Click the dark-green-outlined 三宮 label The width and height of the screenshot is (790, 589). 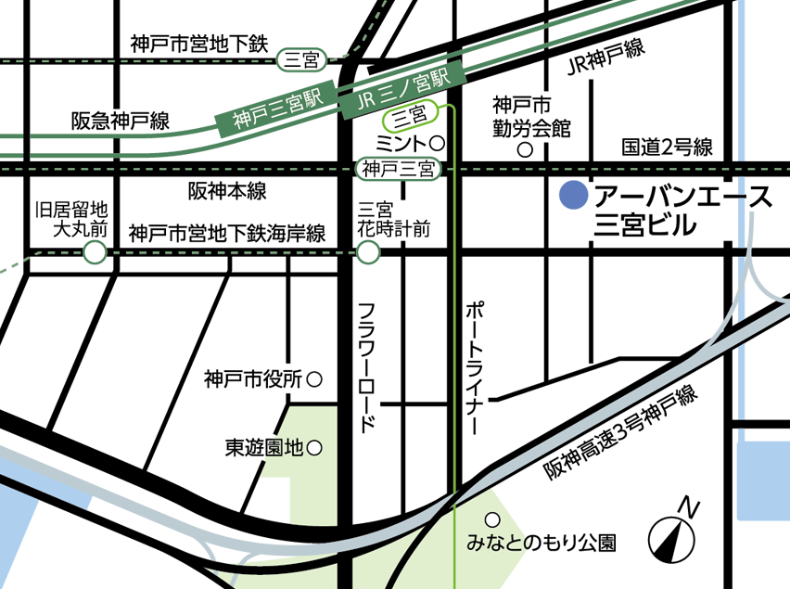301,61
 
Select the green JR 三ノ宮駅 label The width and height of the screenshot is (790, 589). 402,91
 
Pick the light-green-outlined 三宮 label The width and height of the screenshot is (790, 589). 410,117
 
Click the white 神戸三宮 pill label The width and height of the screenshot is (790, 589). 399,169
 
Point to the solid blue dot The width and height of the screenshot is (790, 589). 574,195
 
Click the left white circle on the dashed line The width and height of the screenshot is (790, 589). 95,251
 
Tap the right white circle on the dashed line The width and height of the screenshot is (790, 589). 368,251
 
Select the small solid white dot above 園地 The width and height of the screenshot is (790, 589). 314,378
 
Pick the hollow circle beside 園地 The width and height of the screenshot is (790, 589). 314,448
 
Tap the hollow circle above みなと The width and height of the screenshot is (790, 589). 492,519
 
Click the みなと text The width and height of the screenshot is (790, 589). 495,542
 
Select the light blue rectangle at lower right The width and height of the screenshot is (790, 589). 762,480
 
